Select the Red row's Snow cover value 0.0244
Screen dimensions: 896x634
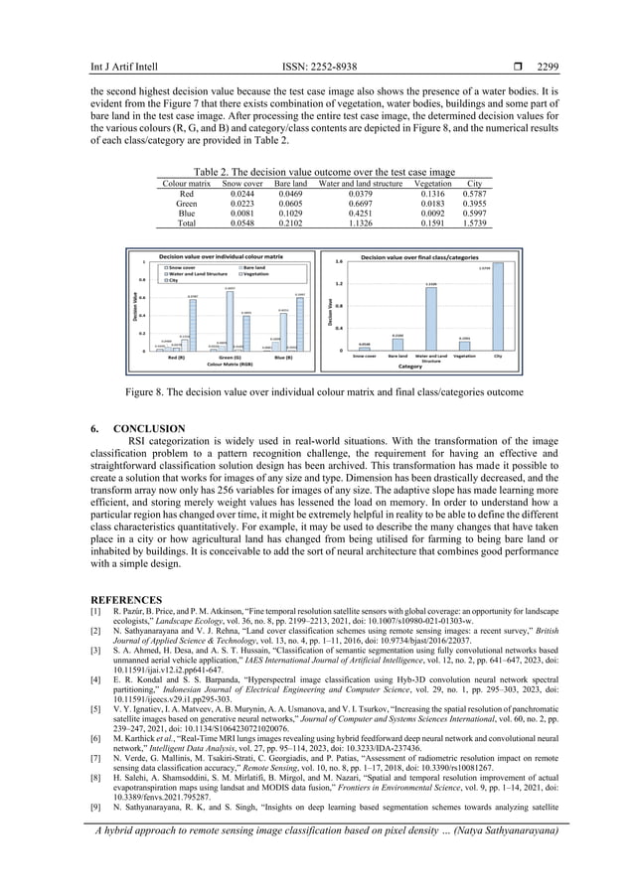point(242,193)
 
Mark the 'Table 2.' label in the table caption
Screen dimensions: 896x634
point(217,171)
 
